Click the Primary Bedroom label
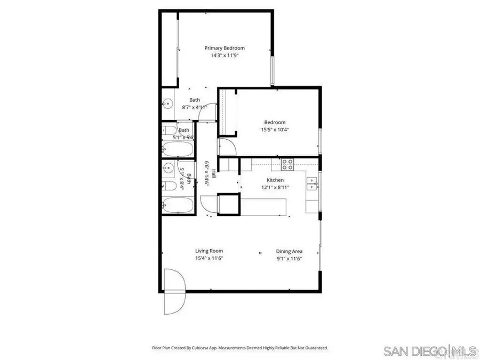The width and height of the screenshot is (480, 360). (x=225, y=48)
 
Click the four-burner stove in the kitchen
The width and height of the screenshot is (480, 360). (x=287, y=163)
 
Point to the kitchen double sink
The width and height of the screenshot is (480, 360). (x=311, y=185)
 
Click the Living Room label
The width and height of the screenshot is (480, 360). (x=209, y=251)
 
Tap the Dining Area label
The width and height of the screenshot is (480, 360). (x=290, y=251)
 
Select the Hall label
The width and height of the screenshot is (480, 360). (x=214, y=173)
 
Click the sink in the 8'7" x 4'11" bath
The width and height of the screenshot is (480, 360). (x=167, y=103)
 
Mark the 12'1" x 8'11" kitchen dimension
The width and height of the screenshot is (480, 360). (x=275, y=187)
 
